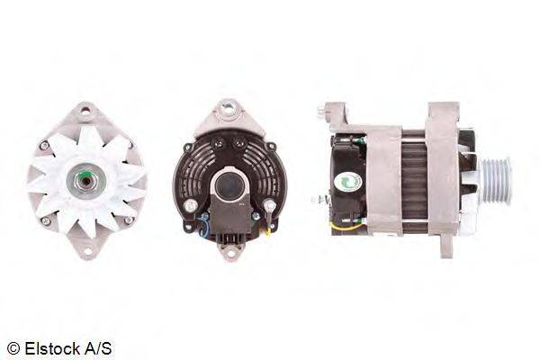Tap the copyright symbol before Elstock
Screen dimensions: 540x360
click(13, 349)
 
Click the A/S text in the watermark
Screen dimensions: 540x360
click(98, 348)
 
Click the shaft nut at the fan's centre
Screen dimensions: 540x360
click(86, 181)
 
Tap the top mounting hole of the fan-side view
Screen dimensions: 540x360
click(85, 111)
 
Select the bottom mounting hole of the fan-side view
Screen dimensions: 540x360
click(87, 251)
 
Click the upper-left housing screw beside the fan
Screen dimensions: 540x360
click(44, 145)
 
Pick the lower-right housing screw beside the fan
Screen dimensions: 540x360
click(128, 220)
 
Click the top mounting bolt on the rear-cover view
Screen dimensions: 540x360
click(229, 109)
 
